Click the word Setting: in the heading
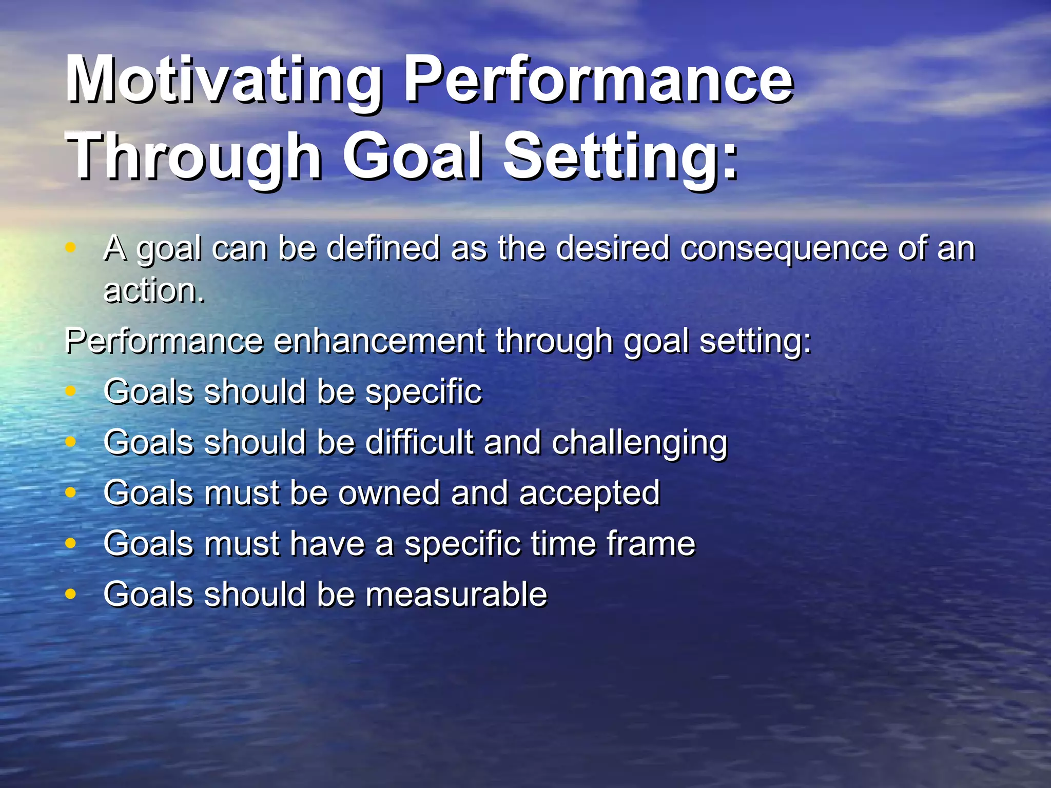(x=621, y=156)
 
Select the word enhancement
(x=379, y=341)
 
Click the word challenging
(x=639, y=443)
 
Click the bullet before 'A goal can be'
(x=71, y=248)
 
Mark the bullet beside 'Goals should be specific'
(x=71, y=391)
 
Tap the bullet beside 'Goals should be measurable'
(x=71, y=594)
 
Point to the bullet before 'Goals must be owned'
(x=71, y=493)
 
